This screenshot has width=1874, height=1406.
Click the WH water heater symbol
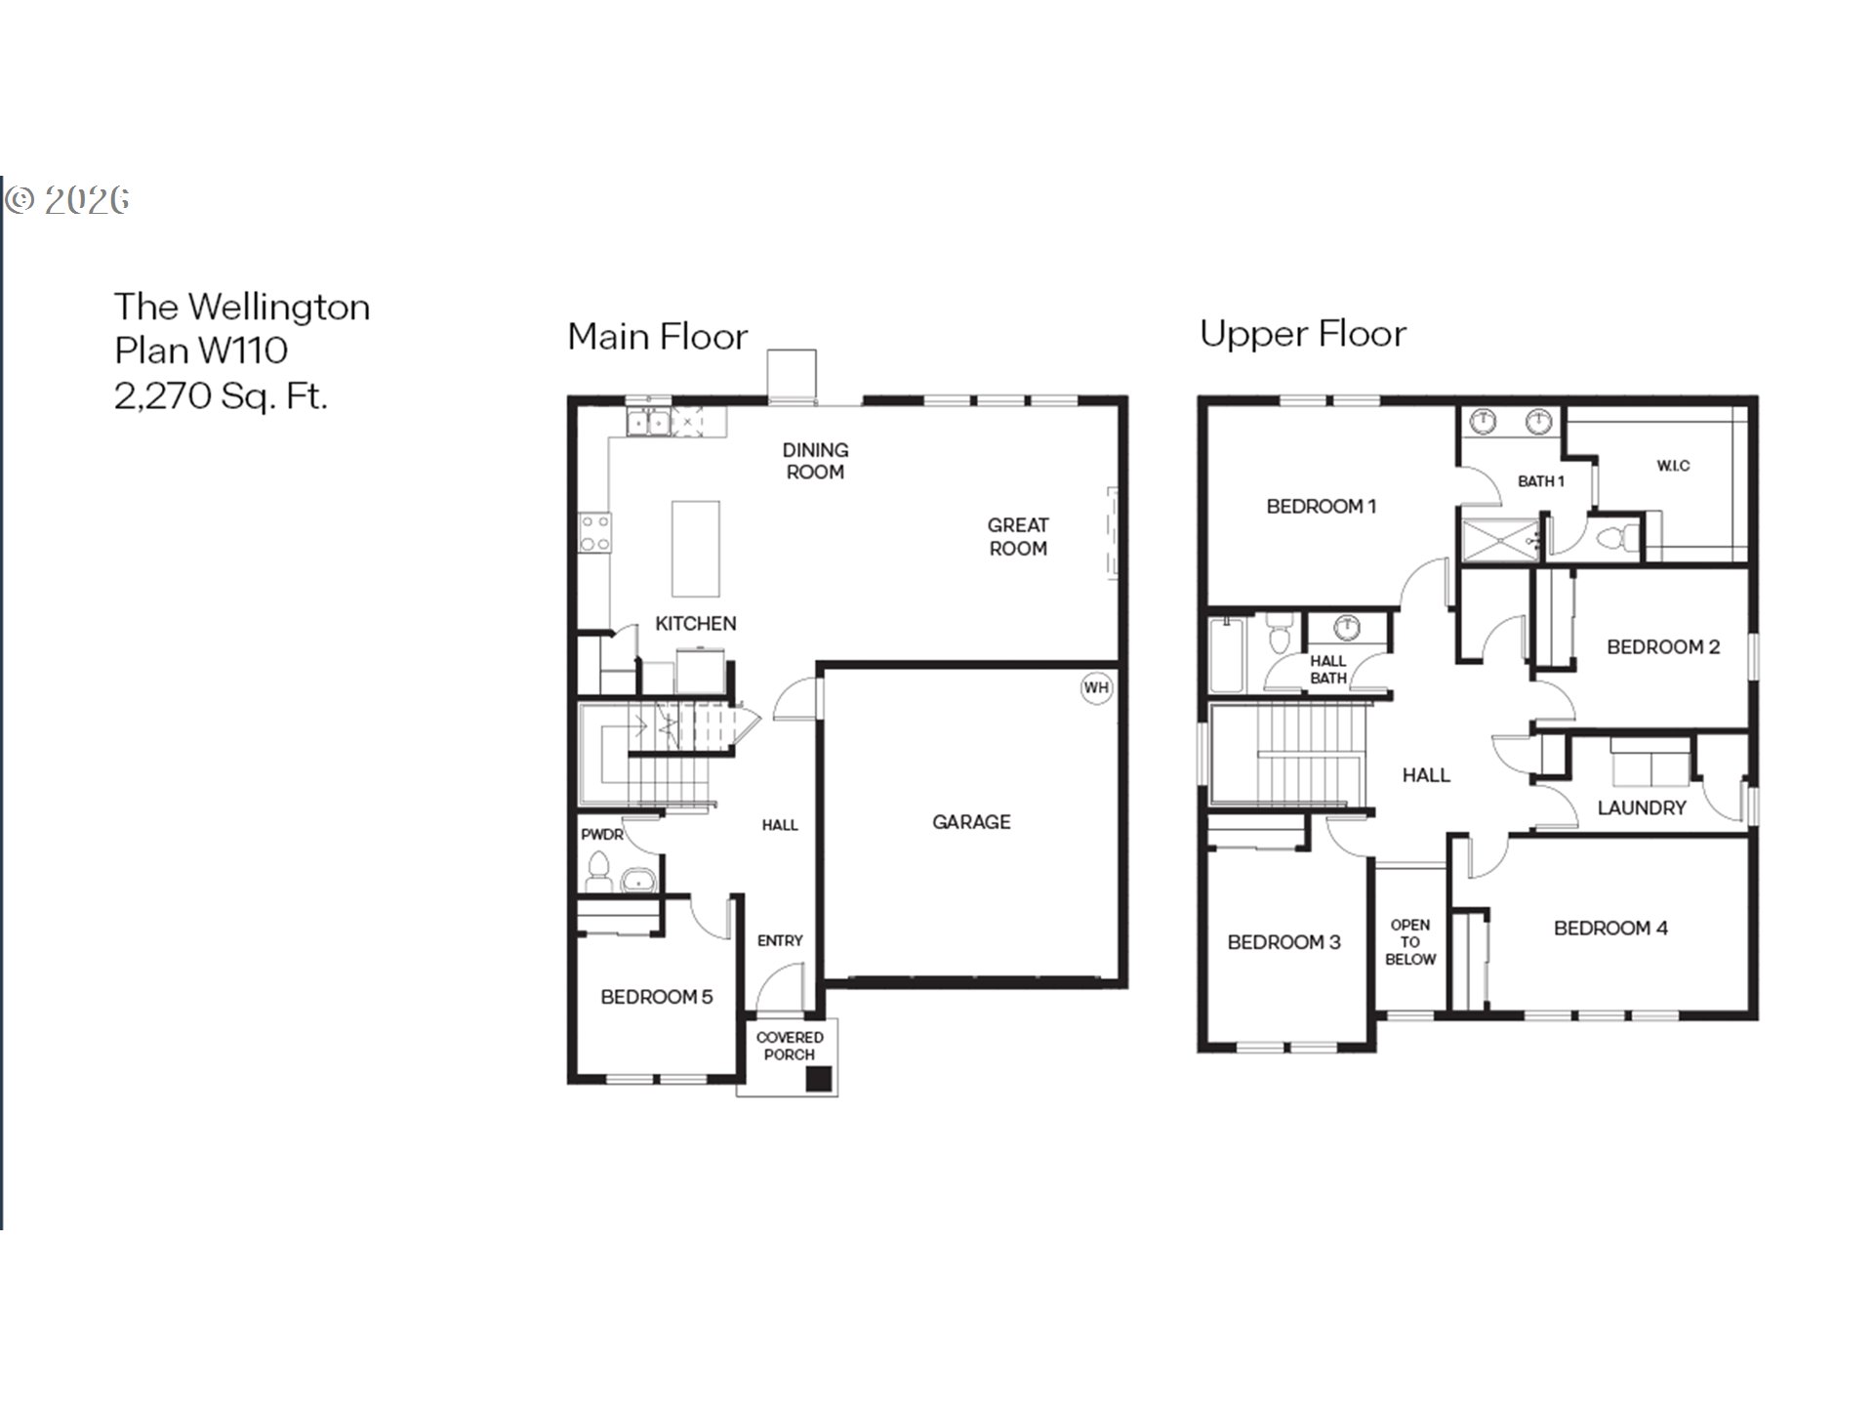(x=1096, y=687)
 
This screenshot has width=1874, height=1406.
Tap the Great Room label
(x=1018, y=537)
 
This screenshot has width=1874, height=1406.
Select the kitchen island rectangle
(x=696, y=548)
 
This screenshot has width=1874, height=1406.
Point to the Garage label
(x=971, y=822)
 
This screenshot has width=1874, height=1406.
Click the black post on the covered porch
(x=818, y=1078)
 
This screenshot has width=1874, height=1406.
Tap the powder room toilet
(x=597, y=871)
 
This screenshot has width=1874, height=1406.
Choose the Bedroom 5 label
(x=657, y=997)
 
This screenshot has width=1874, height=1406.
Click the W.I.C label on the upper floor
(x=1673, y=466)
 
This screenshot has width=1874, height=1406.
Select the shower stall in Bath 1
(x=1499, y=541)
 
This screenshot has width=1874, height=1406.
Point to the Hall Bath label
(x=1328, y=670)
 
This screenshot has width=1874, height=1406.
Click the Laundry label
(x=1642, y=807)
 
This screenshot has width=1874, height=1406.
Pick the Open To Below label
(x=1410, y=942)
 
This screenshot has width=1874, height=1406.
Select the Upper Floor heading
(x=1303, y=334)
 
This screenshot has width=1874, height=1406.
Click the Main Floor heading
(x=658, y=337)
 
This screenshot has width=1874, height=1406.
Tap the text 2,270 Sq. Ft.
(x=221, y=395)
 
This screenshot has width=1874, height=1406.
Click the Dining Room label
(x=815, y=461)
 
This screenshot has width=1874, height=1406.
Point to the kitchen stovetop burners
(x=594, y=533)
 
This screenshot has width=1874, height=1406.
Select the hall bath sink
(x=1348, y=626)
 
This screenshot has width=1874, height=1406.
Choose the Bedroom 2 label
(x=1663, y=646)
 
